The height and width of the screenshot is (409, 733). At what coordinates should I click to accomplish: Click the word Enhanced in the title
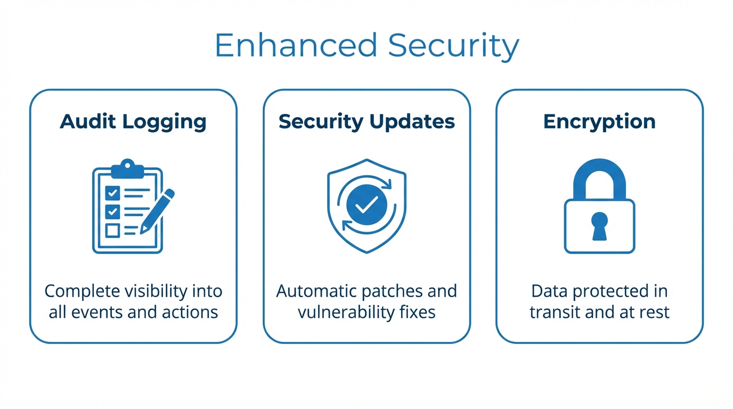coord(296,46)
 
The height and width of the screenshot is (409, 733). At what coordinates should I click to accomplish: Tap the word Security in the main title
coord(453,46)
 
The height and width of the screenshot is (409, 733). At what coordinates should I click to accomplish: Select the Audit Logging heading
coord(133,121)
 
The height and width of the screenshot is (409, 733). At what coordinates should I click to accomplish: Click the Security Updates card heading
coord(366,121)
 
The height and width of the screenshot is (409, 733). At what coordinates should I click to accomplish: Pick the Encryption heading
coord(599,121)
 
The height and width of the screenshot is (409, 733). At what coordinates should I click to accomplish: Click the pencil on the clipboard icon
coord(158,210)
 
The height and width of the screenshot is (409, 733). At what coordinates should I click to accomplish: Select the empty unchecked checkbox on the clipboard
coord(112,230)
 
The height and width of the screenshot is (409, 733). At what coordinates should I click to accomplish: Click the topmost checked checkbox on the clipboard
coord(112,192)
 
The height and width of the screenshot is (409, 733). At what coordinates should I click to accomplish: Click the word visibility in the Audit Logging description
coord(158,291)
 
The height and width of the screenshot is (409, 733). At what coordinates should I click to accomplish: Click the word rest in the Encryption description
coord(654,312)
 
